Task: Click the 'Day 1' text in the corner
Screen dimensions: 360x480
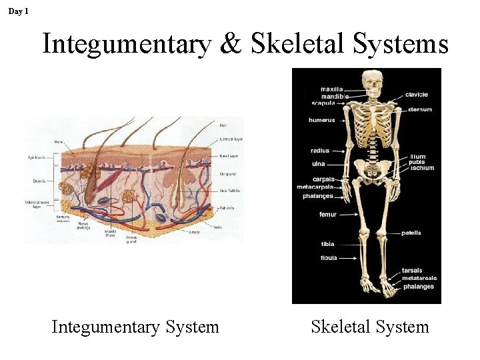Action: [18, 11]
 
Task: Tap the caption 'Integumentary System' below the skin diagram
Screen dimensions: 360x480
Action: [135, 327]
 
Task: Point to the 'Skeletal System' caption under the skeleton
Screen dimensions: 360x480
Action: [370, 327]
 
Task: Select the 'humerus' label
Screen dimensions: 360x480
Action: [322, 121]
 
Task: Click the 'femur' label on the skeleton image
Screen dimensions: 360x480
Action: [328, 215]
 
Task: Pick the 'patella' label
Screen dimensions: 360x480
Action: [411, 233]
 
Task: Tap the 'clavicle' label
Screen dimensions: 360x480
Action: [417, 95]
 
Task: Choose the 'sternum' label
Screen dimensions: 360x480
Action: [419, 109]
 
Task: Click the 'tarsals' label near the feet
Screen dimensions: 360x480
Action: [412, 271]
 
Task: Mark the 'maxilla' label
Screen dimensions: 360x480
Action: [332, 89]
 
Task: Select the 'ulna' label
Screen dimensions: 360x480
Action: [319, 163]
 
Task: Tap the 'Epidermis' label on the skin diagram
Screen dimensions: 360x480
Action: [35, 157]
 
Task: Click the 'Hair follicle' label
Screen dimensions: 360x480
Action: [229, 191]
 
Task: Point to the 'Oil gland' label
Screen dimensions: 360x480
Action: [227, 174]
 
